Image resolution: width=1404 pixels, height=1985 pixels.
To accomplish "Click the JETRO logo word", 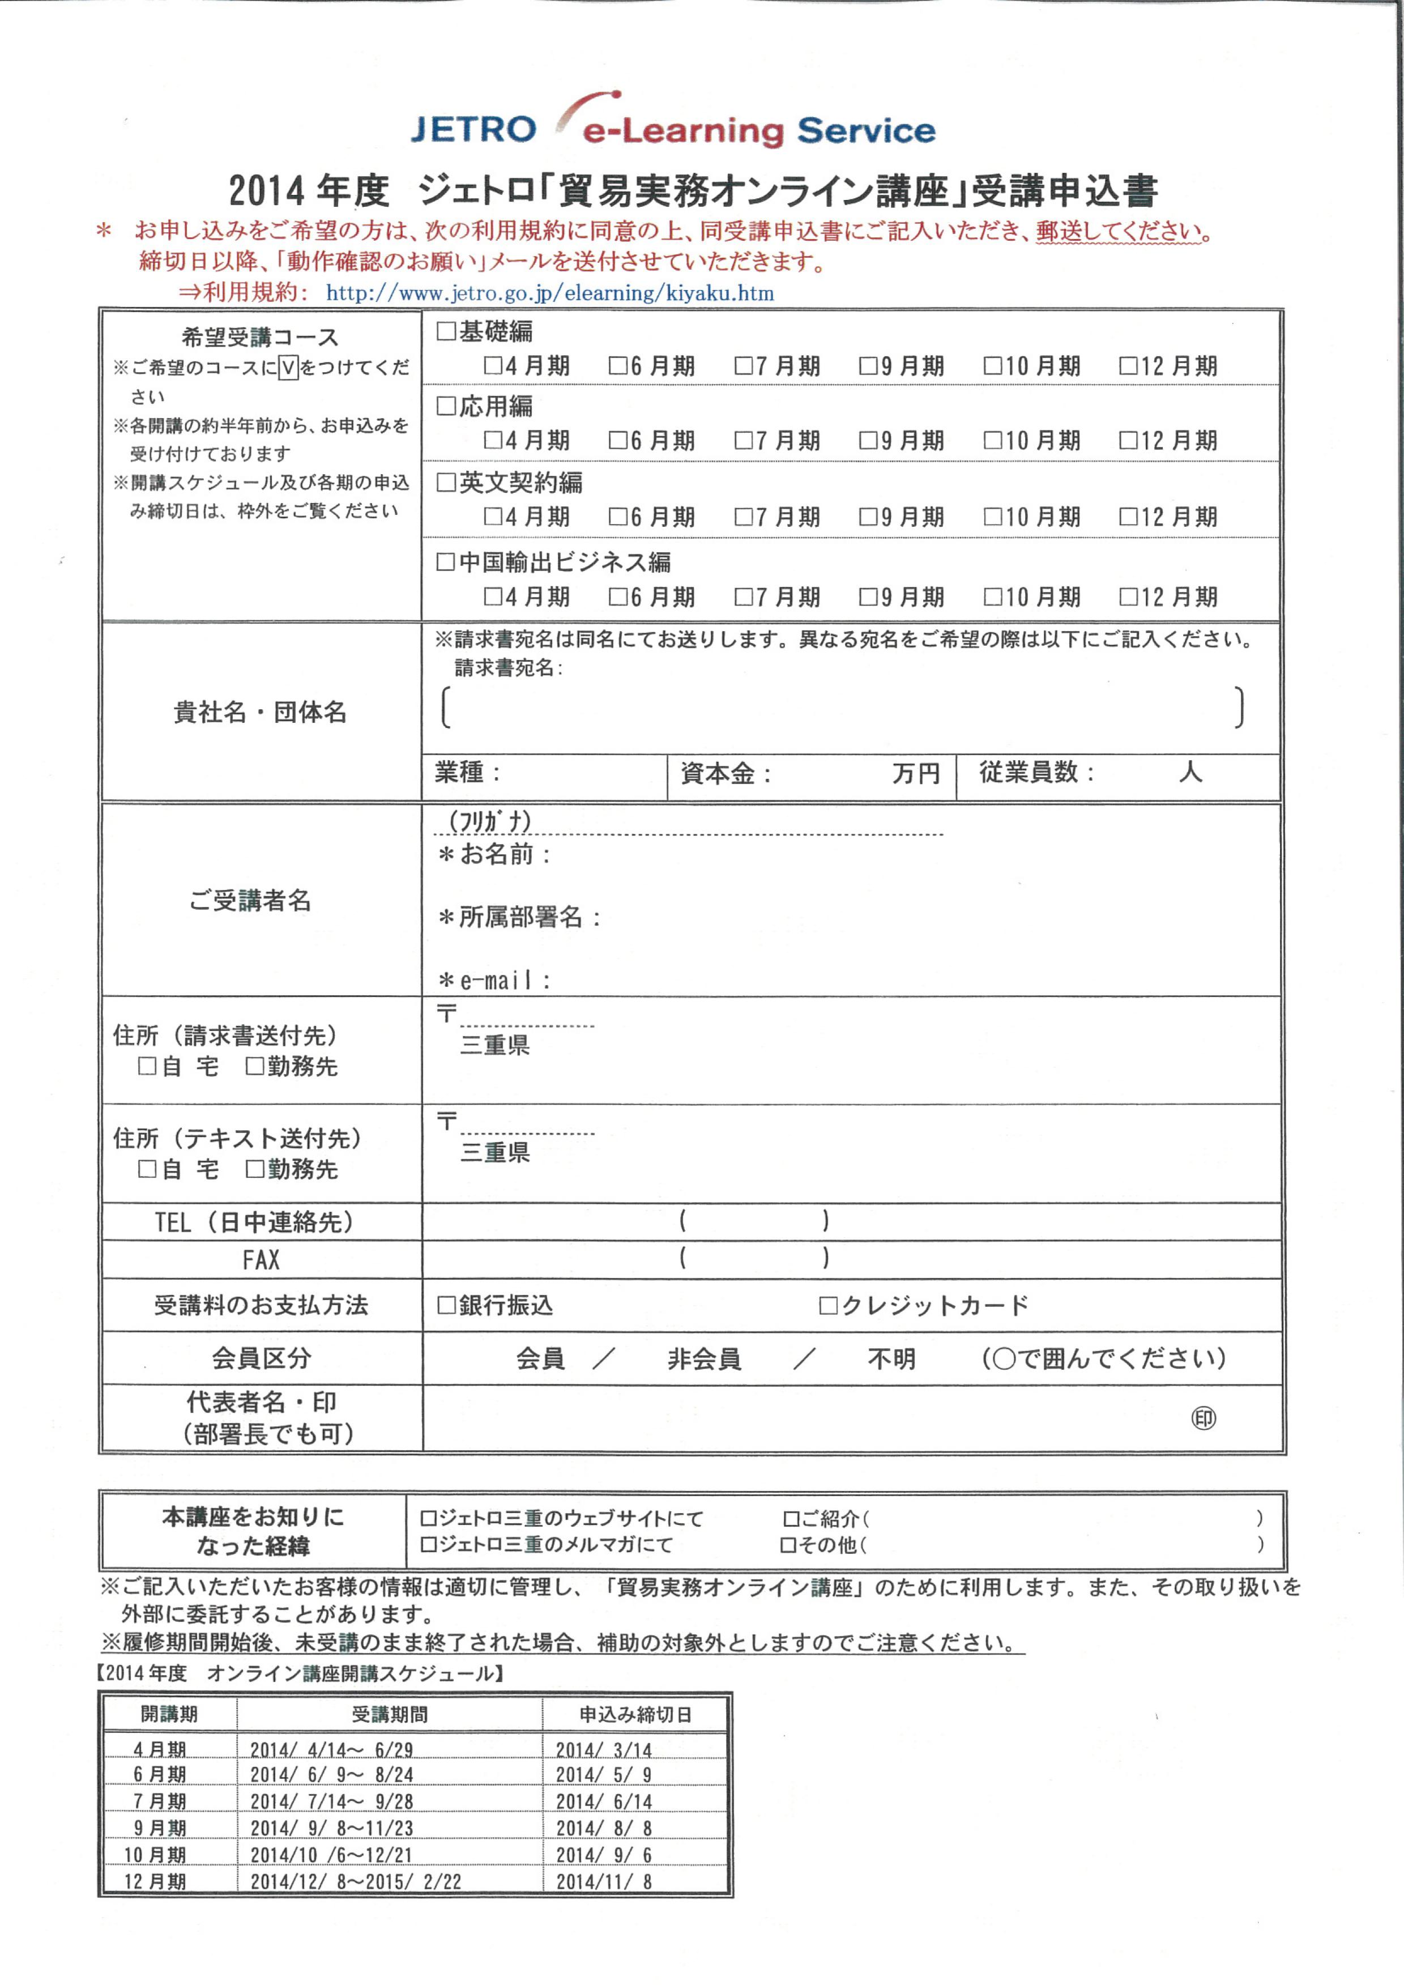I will (473, 130).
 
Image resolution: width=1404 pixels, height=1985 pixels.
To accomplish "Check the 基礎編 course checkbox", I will (446, 331).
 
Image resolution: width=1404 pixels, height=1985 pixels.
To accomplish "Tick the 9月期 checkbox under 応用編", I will (868, 440).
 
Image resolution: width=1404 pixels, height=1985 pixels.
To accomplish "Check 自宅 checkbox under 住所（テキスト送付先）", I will (147, 1168).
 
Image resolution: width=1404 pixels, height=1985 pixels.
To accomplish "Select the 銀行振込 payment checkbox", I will (446, 1305).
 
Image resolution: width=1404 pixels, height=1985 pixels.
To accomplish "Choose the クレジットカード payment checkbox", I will (828, 1305).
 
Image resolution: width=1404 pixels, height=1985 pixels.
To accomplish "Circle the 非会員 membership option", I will (704, 1358).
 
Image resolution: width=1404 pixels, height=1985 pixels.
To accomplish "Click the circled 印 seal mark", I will (1204, 1418).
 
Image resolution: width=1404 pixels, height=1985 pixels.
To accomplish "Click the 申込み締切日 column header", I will (634, 1714).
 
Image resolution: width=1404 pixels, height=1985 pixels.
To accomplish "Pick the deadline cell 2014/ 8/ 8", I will (603, 1828).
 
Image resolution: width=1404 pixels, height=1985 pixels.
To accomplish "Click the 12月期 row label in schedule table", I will (156, 1880).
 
